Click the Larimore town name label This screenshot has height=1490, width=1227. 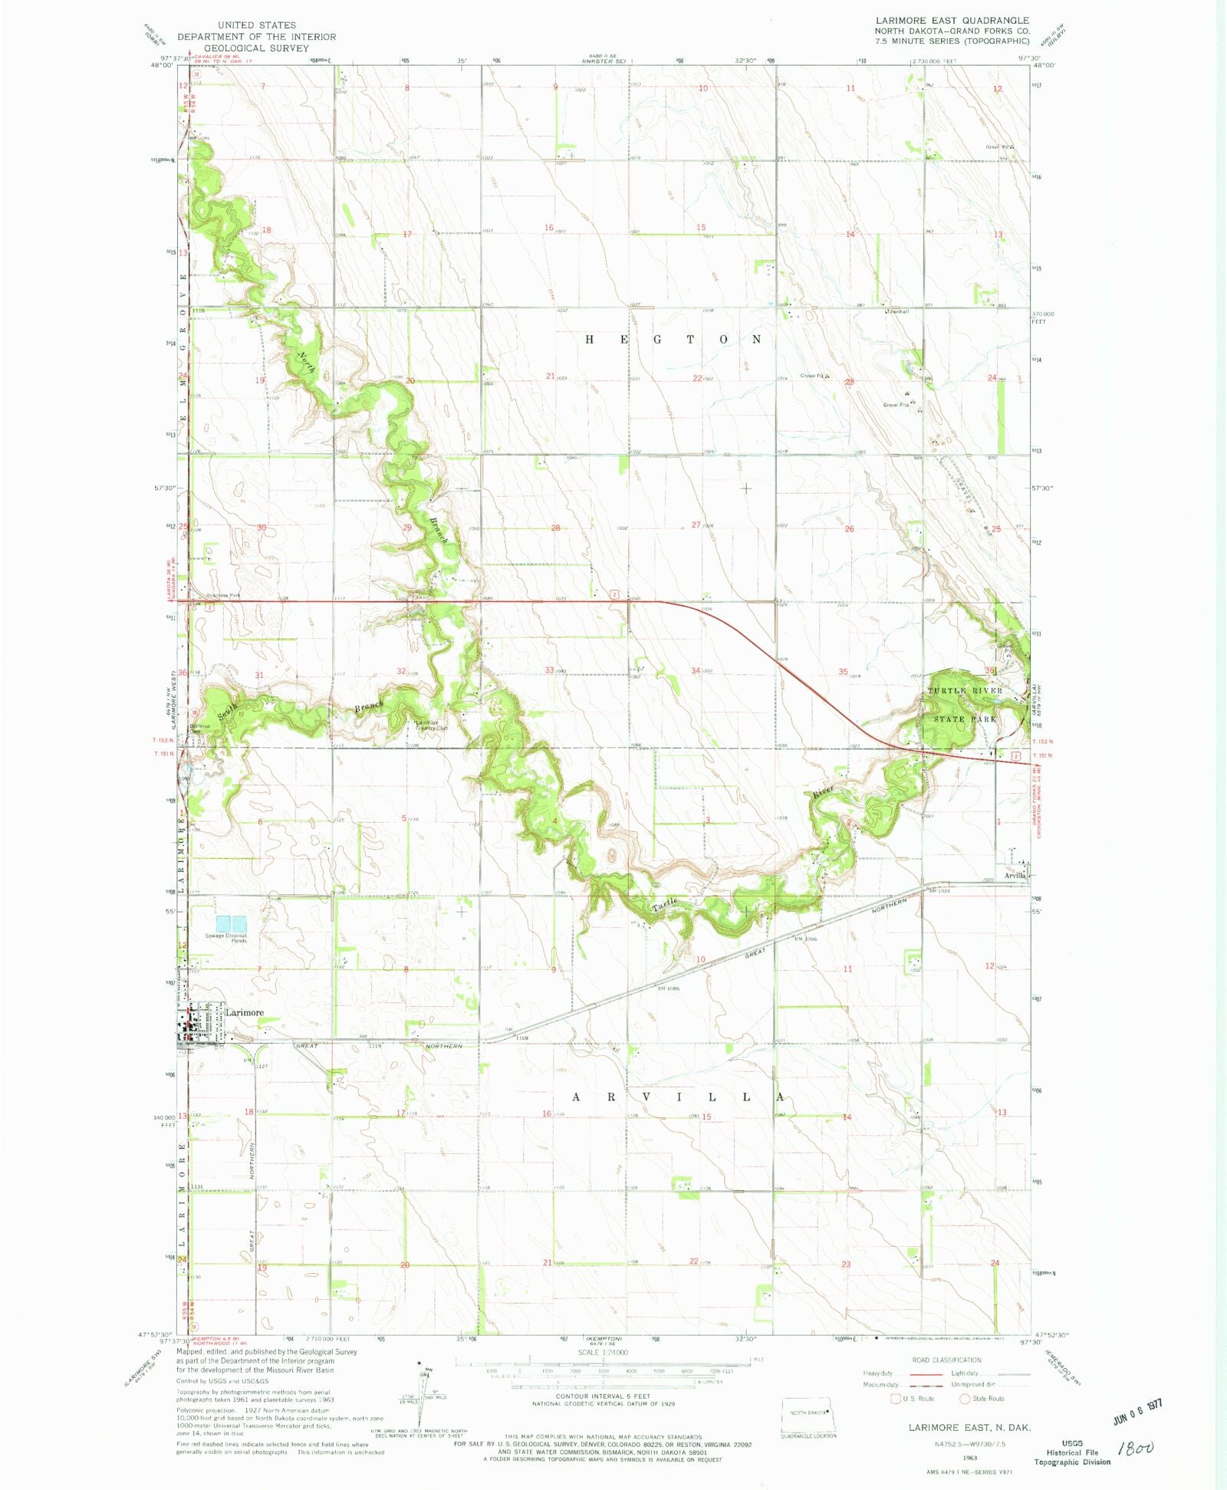click(244, 1012)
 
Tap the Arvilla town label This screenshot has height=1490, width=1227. click(1015, 875)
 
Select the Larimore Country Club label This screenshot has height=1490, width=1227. click(431, 725)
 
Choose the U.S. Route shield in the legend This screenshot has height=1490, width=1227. click(895, 1399)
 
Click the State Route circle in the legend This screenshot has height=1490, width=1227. click(965, 1399)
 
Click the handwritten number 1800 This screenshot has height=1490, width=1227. click(1136, 1448)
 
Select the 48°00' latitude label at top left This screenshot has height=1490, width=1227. click(162, 66)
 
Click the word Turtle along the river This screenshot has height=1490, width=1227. click(664, 904)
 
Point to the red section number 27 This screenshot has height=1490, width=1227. click(696, 525)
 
